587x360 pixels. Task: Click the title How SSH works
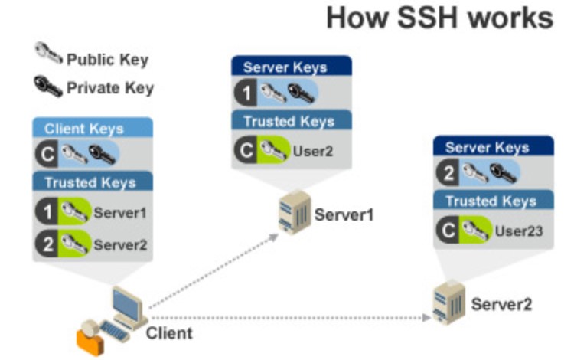point(439,18)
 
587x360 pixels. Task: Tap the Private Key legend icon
point(48,86)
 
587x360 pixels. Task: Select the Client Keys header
point(84,128)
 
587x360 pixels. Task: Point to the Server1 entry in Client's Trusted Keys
point(119,213)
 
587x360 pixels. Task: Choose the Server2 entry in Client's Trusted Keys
point(119,246)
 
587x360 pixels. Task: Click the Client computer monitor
point(128,305)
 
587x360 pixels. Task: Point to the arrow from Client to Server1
point(214,272)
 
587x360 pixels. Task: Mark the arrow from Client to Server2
point(291,316)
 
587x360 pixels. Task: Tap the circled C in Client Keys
point(47,154)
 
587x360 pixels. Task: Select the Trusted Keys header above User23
point(489,201)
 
